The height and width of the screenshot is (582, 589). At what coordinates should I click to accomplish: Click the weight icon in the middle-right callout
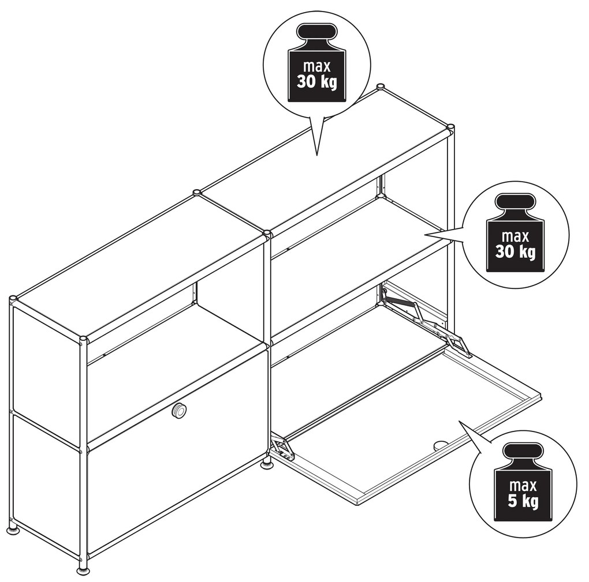click(x=515, y=232)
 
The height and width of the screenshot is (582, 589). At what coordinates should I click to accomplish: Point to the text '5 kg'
click(x=523, y=501)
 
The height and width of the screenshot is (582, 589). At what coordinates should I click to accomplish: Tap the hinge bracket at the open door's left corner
click(x=283, y=448)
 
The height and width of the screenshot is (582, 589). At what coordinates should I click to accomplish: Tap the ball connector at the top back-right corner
click(x=381, y=87)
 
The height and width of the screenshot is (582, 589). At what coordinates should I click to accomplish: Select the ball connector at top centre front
click(x=267, y=234)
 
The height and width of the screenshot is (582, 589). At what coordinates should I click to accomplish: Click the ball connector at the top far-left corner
click(x=13, y=299)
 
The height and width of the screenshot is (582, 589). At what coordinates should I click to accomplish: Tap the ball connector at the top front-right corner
click(x=450, y=127)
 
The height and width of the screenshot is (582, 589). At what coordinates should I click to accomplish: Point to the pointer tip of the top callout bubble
click(x=318, y=155)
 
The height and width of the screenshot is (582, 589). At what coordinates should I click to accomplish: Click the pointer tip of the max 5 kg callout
click(x=459, y=420)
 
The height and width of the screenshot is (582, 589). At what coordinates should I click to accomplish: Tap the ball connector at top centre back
click(x=196, y=193)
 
